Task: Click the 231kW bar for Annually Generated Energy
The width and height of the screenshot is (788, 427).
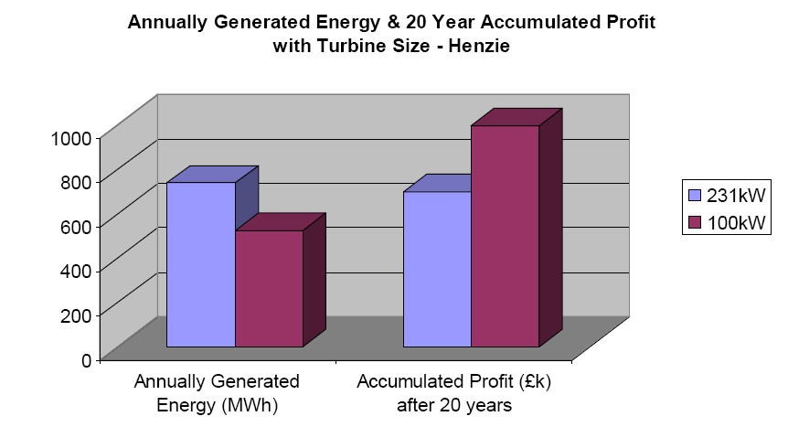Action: coord(201,264)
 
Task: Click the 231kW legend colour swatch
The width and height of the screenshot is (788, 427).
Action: coord(693,194)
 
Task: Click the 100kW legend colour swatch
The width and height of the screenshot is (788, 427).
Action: coord(693,222)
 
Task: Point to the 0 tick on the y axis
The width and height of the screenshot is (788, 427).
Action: coord(83,359)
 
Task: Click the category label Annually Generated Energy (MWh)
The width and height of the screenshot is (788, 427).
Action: coord(217,390)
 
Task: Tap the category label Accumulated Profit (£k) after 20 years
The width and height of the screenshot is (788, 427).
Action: coord(454,390)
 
